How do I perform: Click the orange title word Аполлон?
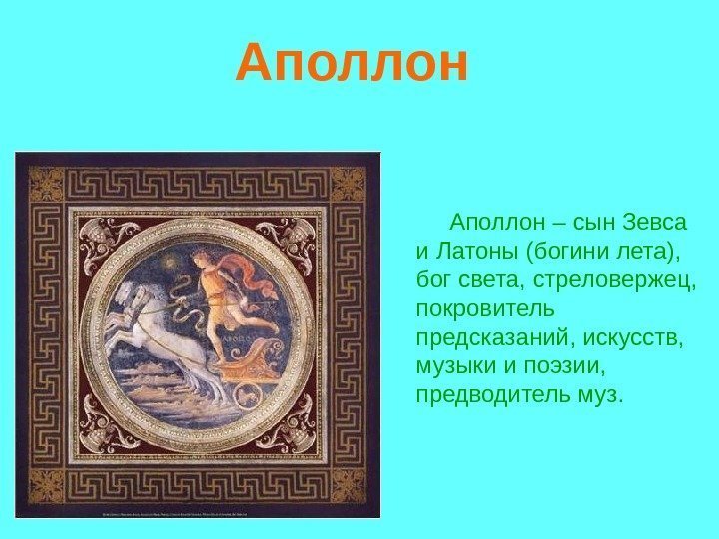coord(351,63)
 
